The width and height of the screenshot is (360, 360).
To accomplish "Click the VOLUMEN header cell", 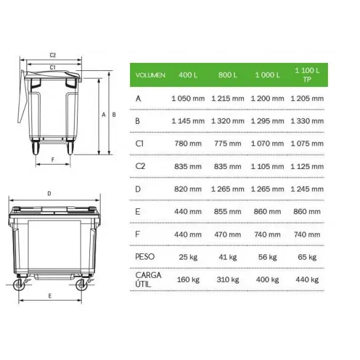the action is pyautogui.click(x=150, y=75).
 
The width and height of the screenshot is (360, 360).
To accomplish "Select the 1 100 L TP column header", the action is pyautogui.click(x=307, y=75).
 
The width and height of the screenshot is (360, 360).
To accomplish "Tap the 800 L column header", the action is pyautogui.click(x=227, y=75).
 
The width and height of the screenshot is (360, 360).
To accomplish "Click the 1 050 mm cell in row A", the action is pyautogui.click(x=188, y=99).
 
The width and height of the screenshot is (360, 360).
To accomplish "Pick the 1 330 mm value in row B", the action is pyautogui.click(x=307, y=121).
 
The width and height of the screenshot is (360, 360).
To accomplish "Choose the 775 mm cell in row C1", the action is pyautogui.click(x=227, y=144).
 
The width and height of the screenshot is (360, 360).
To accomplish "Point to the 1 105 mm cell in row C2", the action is pyautogui.click(x=268, y=166).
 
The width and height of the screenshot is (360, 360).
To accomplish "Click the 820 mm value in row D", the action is pyautogui.click(x=188, y=189).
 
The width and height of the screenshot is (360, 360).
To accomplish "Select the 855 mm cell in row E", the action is pyautogui.click(x=227, y=211).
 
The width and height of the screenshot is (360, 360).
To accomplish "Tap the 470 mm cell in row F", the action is pyautogui.click(x=227, y=235).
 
